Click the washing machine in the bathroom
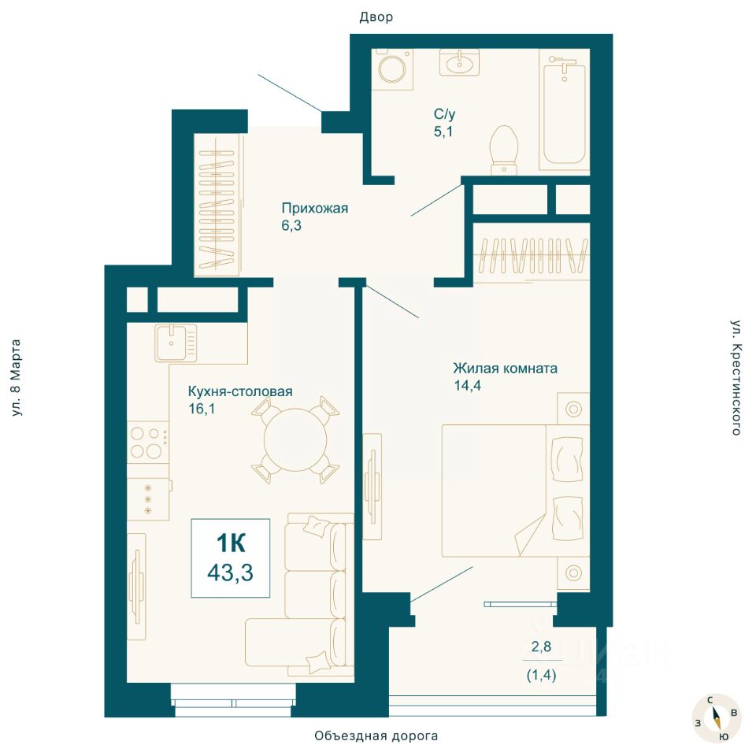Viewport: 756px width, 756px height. pos(392,69)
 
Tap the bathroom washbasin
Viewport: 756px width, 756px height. pos(459,62)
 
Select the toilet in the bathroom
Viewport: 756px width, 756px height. pos(504,150)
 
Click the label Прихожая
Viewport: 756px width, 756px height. pos(315,208)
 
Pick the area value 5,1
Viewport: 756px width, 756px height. pos(443,132)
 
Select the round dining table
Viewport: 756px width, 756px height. pos(295,439)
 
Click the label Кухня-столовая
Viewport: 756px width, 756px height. pos(240,391)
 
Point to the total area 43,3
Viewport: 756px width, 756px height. pos(230,573)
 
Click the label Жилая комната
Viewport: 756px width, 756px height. pos(505,369)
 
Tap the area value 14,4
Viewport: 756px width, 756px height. pos(467,385)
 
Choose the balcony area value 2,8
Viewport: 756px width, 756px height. pos(541,646)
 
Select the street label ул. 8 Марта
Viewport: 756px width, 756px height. pos(16,378)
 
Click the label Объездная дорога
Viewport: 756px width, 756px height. pos(376,736)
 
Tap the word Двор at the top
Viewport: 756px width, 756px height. pos(376,17)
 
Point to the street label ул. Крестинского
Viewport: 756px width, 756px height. pos(736,377)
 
